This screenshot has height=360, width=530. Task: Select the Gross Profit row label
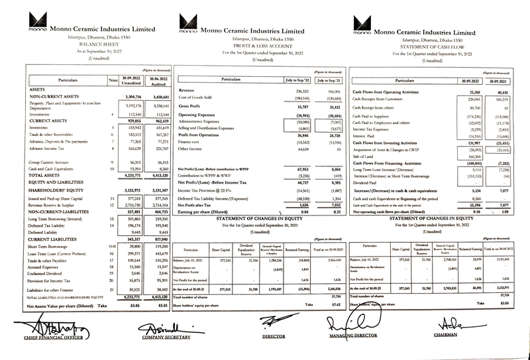193,106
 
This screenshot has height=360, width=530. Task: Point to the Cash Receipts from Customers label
380,98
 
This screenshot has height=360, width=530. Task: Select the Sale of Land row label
364,156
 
